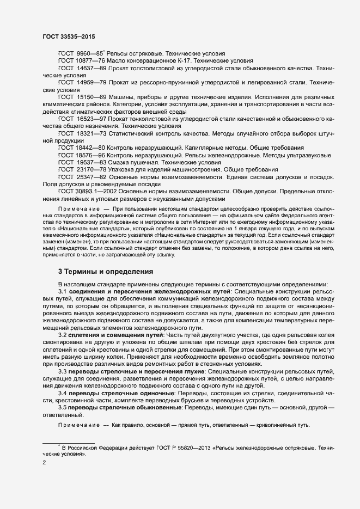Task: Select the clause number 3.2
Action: (63, 335)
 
